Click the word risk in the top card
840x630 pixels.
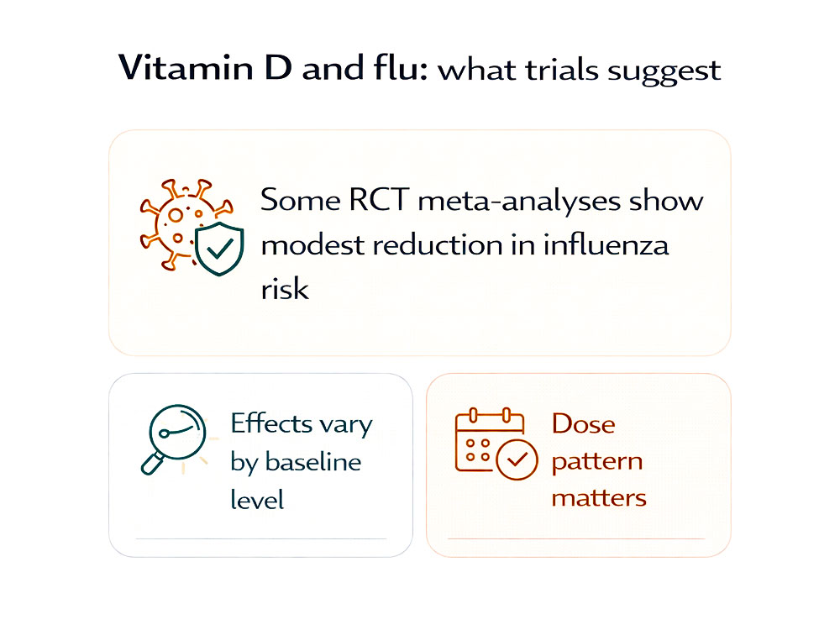[x=285, y=289]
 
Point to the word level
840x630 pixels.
[x=257, y=500]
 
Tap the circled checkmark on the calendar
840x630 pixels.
[x=517, y=459]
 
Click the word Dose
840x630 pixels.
[x=583, y=423]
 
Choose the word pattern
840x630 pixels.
[x=596, y=461]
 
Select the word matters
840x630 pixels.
[x=599, y=497]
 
